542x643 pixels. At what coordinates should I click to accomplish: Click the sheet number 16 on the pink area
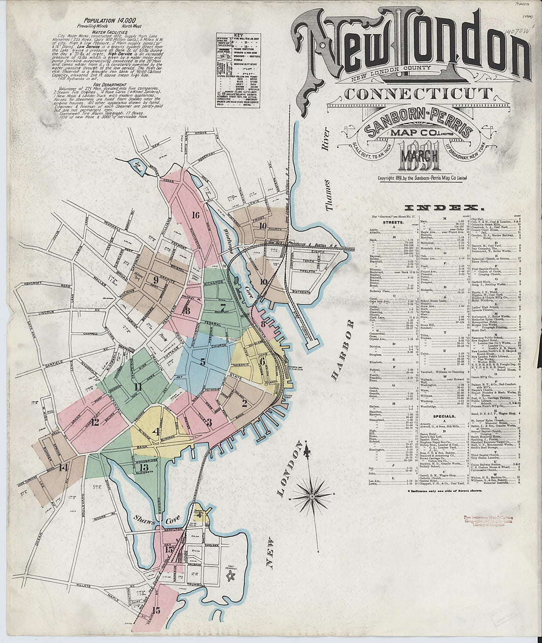coord(196,215)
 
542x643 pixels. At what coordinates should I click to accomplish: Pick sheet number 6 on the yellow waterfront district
coord(262,361)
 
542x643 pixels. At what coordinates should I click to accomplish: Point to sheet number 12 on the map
coord(95,422)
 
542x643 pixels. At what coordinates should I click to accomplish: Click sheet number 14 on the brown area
coord(63,468)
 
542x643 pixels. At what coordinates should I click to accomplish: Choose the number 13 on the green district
coord(144,467)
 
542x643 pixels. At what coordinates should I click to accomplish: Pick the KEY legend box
coord(237,67)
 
